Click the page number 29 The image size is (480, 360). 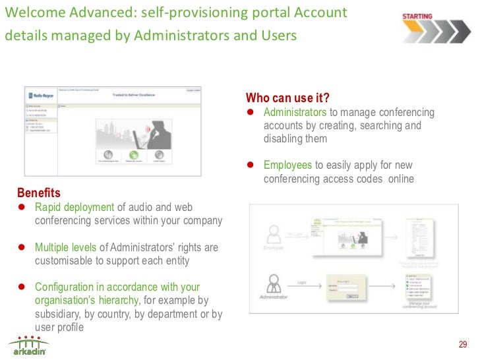pos(462,344)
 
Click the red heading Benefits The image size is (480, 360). pos(38,193)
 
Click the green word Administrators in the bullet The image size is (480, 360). pos(295,113)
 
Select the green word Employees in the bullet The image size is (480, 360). pos(287,165)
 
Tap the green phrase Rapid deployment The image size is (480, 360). pos(74,207)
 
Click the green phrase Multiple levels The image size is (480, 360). pos(65,247)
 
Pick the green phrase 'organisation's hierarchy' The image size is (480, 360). pos(86,301)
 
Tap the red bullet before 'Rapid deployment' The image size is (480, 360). pos(21,207)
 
